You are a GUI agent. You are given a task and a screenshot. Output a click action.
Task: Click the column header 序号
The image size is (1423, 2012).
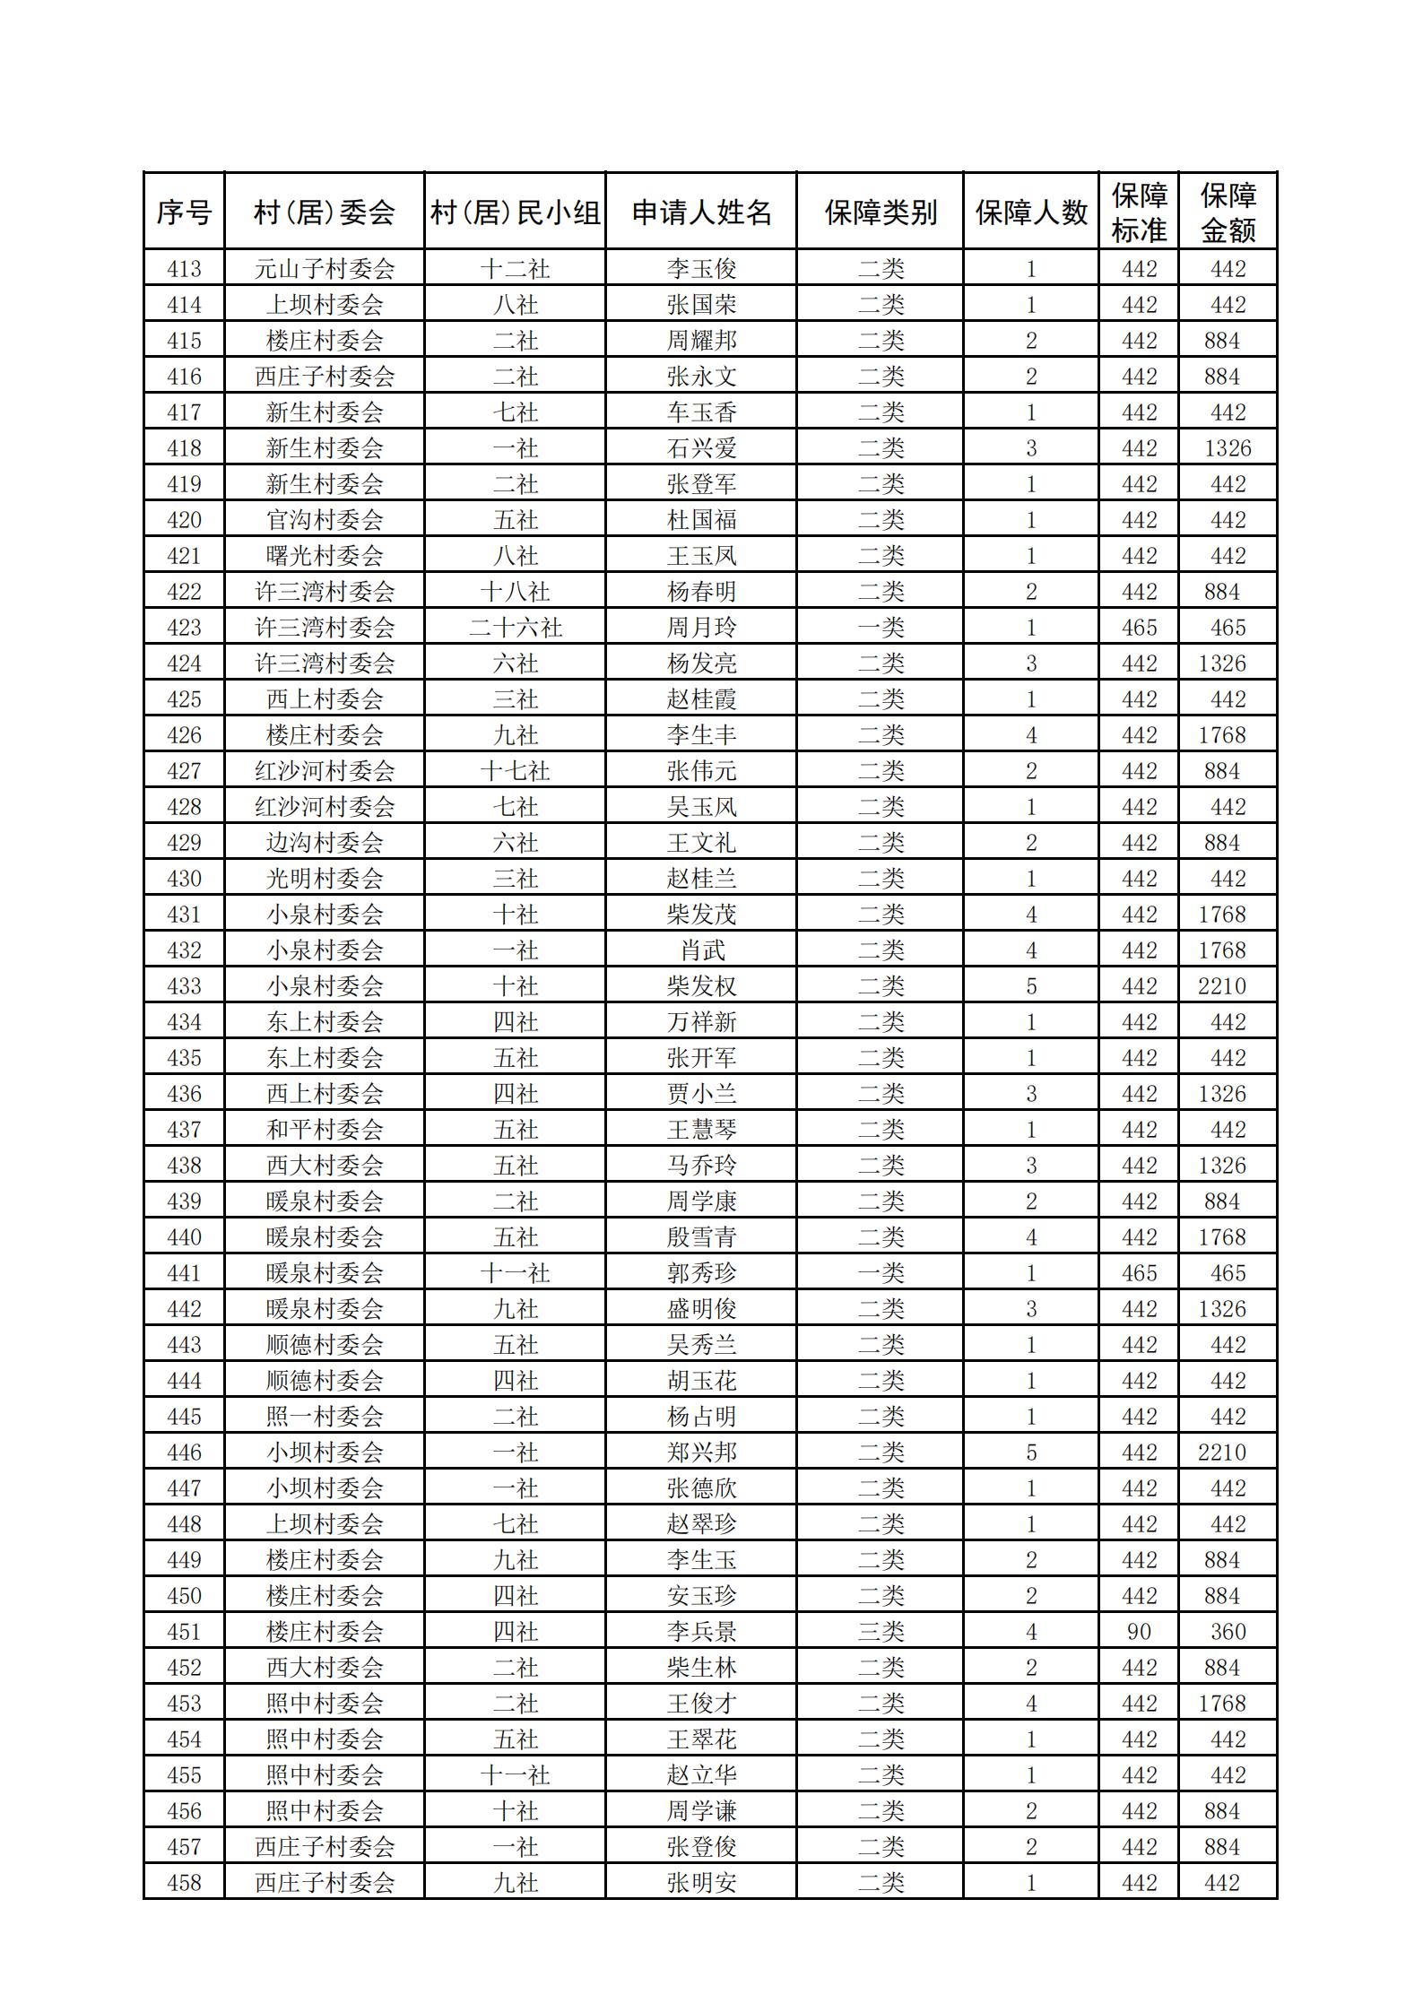coord(184,212)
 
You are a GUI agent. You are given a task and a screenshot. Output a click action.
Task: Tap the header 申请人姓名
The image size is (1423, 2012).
coord(701,212)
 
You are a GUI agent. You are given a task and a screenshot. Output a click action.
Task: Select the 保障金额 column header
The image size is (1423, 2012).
coord(1228,212)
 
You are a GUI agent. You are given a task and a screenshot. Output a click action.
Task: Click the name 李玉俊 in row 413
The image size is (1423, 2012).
coord(701,269)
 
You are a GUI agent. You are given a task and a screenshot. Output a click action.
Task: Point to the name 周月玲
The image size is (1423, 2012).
coord(701,628)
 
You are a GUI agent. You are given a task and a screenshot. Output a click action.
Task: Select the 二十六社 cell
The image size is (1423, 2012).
coord(516,628)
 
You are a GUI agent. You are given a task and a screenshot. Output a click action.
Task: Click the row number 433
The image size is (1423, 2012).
coord(184,986)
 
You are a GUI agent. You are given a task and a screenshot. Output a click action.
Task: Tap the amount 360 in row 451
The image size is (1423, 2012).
coord(1228,1632)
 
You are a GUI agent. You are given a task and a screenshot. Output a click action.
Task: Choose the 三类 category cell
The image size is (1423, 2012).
coord(881,1632)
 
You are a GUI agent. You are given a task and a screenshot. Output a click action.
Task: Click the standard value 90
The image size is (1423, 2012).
coord(1139,1632)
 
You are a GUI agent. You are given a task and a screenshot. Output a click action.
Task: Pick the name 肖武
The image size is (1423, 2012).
coord(701,950)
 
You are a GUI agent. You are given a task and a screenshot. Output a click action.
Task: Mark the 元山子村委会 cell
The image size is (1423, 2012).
coord(325,269)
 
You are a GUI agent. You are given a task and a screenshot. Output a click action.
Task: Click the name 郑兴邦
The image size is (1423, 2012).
coord(701,1453)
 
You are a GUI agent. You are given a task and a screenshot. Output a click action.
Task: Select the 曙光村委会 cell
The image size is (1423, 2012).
coord(325,556)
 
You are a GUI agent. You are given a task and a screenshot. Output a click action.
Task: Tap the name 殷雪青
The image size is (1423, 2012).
coord(701,1237)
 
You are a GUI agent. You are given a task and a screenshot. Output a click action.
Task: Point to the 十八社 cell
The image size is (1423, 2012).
coord(516,592)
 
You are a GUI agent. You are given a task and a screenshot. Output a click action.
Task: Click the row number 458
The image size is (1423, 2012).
coord(184,1883)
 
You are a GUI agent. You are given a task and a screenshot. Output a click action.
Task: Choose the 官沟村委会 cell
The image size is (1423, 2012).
coord(325,520)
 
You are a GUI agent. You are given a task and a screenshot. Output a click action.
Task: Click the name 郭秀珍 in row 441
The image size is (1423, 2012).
coord(701,1273)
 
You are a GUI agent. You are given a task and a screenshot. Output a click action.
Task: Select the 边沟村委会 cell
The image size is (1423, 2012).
coord(325,843)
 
